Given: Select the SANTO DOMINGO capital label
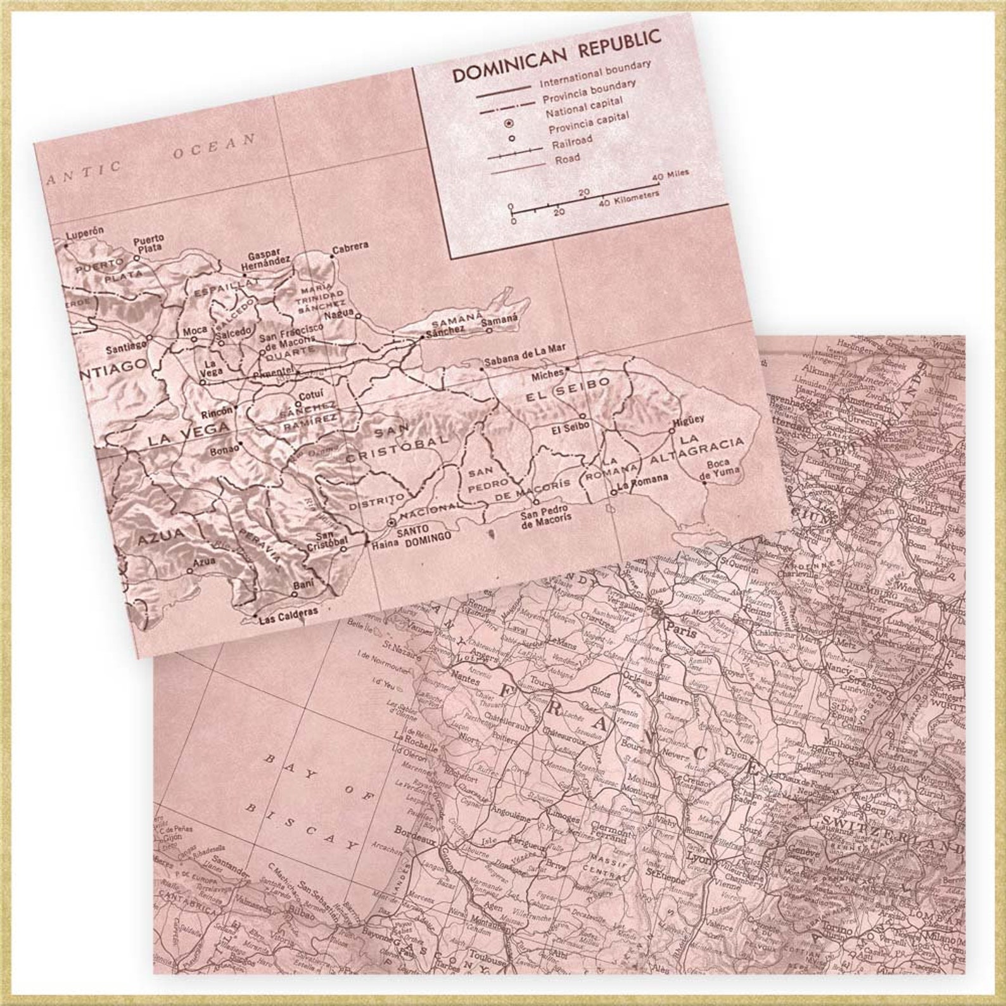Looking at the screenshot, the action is (424, 532).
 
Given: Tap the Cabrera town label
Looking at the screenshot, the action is (350, 246).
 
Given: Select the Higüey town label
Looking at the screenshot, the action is (689, 420).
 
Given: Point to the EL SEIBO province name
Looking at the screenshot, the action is (568, 391).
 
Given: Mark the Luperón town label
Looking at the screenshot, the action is (84, 232).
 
